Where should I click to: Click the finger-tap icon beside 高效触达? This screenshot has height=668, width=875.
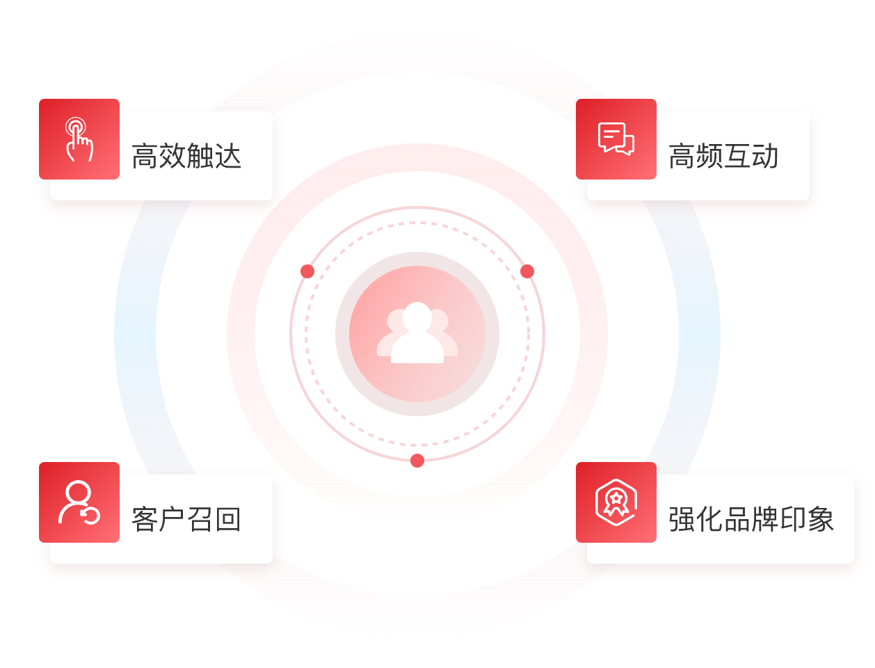[79, 139]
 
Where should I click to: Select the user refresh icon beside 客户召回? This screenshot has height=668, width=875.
[79, 502]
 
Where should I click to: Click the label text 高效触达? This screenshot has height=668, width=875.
[186, 156]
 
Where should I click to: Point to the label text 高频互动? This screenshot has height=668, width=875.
[723, 156]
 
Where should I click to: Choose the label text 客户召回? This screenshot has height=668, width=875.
[186, 519]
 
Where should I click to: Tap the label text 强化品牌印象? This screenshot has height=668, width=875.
[751, 519]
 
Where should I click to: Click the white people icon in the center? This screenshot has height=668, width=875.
[417, 334]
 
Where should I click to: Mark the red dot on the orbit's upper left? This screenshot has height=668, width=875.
[307, 271]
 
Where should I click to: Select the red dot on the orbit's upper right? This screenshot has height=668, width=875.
[527, 271]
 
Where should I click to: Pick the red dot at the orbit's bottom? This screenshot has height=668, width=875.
[417, 461]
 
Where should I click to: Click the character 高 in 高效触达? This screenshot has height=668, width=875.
[145, 156]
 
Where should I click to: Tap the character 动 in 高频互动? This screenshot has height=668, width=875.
[765, 156]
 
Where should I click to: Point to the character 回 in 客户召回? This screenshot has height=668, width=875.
[228, 519]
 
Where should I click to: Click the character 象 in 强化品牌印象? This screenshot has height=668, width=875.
[821, 519]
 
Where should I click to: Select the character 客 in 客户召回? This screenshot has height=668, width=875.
[145, 519]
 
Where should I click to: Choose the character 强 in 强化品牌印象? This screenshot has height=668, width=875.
[682, 519]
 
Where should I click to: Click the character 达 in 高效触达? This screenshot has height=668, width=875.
[228, 156]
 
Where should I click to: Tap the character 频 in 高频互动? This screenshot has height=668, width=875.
[709, 156]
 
